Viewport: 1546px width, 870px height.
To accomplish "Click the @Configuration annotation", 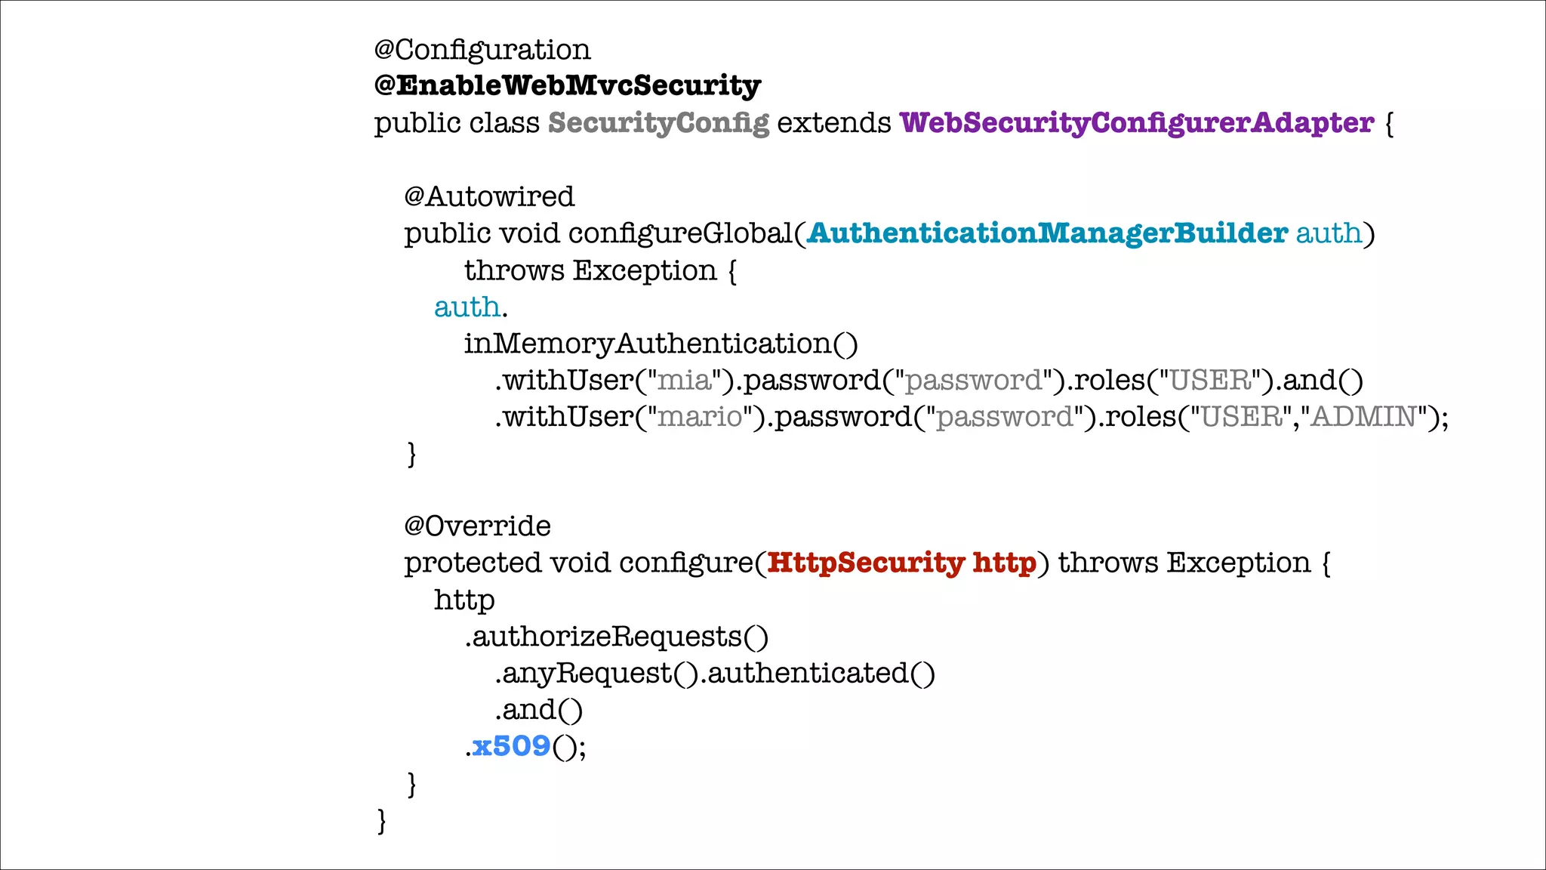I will [482, 50].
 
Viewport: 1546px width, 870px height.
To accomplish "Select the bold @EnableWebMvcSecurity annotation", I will [567, 85].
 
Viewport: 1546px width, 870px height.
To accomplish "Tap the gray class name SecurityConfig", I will [658, 122].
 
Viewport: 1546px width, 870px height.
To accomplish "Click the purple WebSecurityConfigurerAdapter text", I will [1136, 122].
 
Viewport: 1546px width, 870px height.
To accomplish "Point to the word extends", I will [834, 122].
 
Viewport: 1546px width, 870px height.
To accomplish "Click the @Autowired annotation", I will [489, 196].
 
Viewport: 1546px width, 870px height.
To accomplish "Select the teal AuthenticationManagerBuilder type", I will [1047, 233].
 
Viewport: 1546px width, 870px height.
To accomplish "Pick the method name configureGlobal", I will [679, 233].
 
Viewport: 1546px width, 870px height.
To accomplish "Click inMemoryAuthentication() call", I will [661, 344].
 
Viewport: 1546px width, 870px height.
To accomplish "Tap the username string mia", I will [685, 380].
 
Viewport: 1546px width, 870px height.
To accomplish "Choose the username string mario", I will [700, 417].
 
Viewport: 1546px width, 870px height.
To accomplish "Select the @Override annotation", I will [477, 526].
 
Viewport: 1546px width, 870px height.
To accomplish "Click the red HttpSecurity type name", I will [865, 563].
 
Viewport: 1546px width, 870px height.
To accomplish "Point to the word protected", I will [473, 563].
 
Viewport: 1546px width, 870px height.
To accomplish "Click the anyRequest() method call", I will [596, 673].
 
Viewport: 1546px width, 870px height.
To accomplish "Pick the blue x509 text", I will [511, 746].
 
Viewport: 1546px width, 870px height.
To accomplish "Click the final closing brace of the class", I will [381, 820].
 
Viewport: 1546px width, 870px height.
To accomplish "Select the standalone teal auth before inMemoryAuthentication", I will [467, 307].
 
